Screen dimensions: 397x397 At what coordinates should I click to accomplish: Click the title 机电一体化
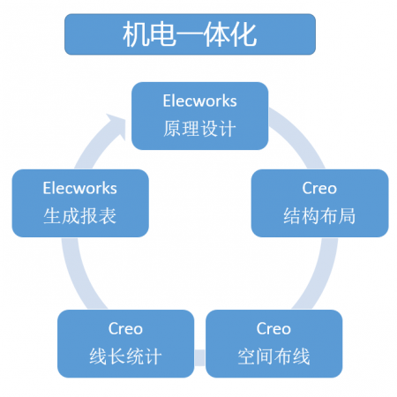(190, 34)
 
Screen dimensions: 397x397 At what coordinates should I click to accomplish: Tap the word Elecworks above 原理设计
(200, 101)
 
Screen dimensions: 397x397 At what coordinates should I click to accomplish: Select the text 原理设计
(200, 129)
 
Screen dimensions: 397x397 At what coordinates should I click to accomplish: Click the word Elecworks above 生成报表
(80, 188)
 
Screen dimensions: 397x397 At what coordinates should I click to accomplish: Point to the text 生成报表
(80, 215)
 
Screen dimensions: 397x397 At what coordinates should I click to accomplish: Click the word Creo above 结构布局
(319, 188)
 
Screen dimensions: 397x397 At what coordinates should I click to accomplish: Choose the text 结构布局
(319, 215)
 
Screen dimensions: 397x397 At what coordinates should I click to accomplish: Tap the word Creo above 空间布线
(273, 328)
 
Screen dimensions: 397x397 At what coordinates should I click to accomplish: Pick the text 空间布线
(273, 356)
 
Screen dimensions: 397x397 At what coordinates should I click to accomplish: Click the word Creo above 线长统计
(125, 328)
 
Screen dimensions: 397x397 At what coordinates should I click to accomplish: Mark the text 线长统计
(125, 356)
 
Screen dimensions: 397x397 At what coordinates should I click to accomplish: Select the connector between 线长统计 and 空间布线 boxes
(200, 357)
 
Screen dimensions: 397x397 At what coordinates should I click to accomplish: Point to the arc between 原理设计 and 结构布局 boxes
(301, 134)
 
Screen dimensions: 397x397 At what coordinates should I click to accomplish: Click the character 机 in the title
(135, 34)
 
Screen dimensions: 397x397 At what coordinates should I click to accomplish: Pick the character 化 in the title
(244, 34)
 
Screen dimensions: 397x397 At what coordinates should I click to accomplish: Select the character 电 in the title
(162, 34)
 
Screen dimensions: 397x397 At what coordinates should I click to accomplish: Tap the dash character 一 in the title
(190, 34)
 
